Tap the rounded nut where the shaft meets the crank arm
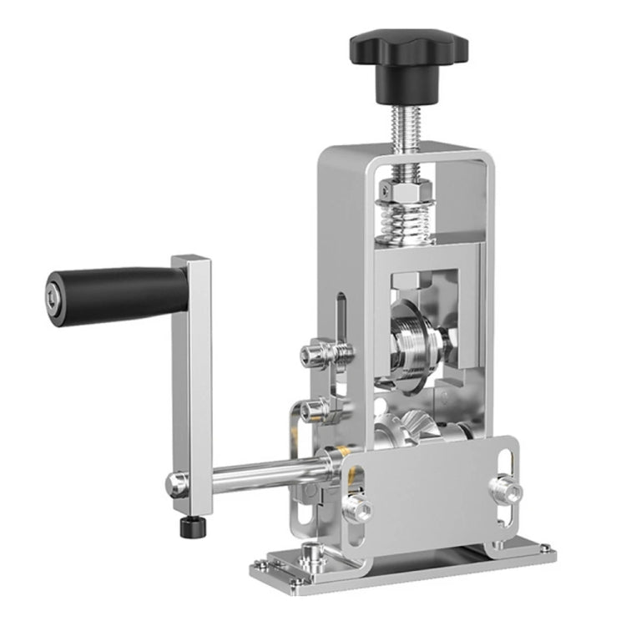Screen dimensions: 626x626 click(176, 482)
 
